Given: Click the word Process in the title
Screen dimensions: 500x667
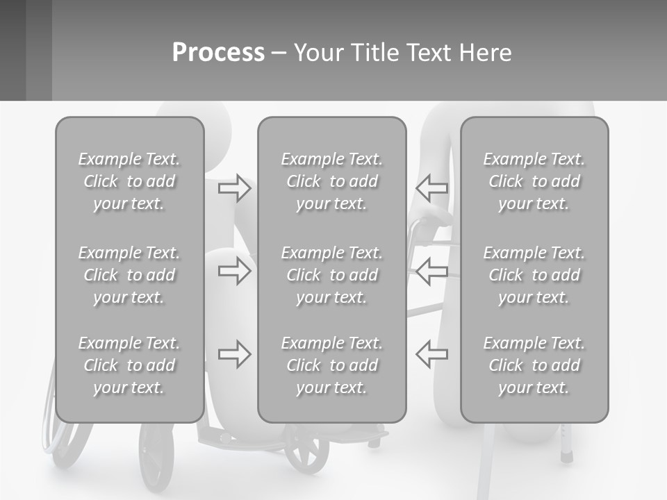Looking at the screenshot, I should pos(218,53).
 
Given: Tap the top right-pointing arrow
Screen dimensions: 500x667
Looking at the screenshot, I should pos(235,188).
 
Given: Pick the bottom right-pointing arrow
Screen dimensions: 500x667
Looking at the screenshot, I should pos(235,354).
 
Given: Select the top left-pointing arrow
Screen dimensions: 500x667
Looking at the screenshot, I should pos(431,188).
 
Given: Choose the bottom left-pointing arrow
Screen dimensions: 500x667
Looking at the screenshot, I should pos(431,354).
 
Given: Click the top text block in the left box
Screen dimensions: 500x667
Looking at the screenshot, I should pos(129,181).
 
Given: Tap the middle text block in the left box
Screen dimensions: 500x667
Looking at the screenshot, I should pos(129,275).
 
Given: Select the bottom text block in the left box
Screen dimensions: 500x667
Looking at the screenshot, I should pos(129,365).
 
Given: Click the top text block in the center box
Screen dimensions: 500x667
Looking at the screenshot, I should pos(331,181).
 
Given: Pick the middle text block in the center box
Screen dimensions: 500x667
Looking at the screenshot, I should pos(331,275).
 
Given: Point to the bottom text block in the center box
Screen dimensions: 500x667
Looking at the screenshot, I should pos(331,365).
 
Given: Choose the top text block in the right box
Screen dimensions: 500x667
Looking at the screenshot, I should pos(534,181).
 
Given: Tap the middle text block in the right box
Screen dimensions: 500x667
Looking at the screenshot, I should pos(534,275).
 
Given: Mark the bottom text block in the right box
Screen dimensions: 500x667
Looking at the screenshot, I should pos(534,365).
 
